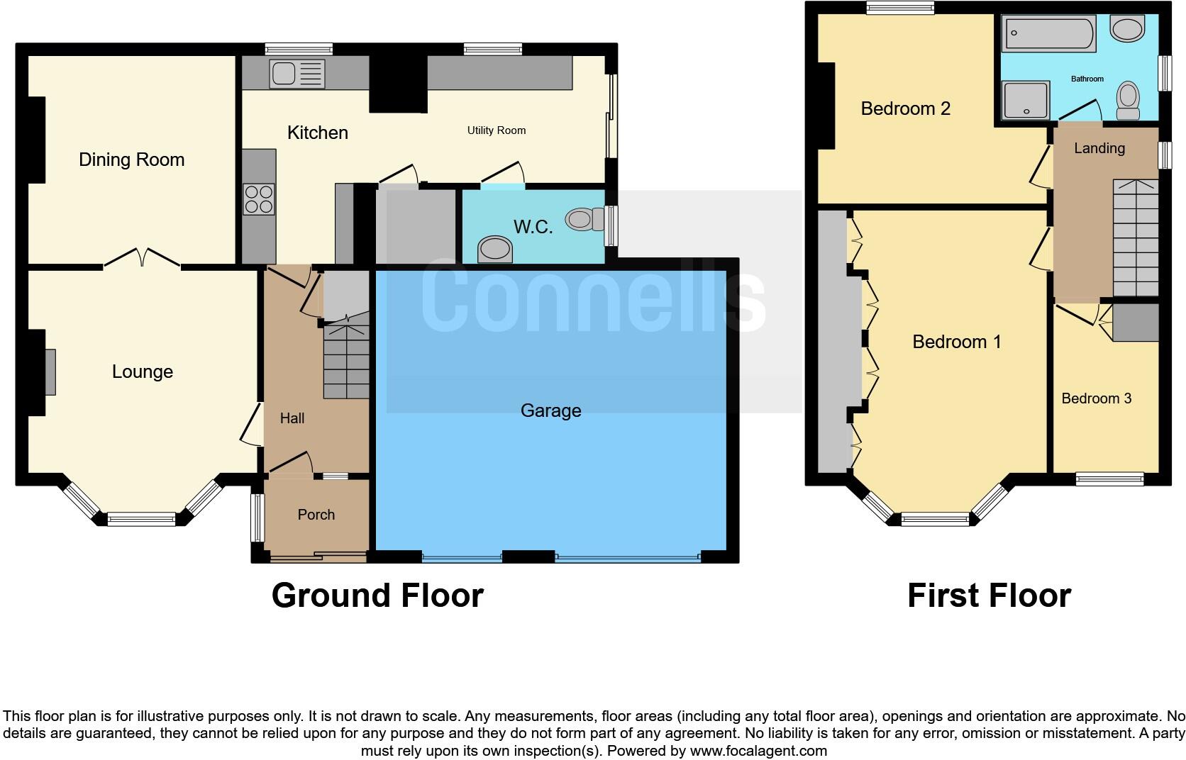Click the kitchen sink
(296, 74)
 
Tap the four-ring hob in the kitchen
(259, 199)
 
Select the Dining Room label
(131, 160)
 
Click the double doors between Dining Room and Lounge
(142, 258)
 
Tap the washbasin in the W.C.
(495, 249)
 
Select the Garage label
(550, 411)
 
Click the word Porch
(316, 515)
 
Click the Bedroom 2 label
(905, 108)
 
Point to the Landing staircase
(1135, 238)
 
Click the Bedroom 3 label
(1096, 398)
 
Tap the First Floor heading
(989, 596)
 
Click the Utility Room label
(496, 130)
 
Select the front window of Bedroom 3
(1109, 479)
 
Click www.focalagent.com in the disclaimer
(758, 750)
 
